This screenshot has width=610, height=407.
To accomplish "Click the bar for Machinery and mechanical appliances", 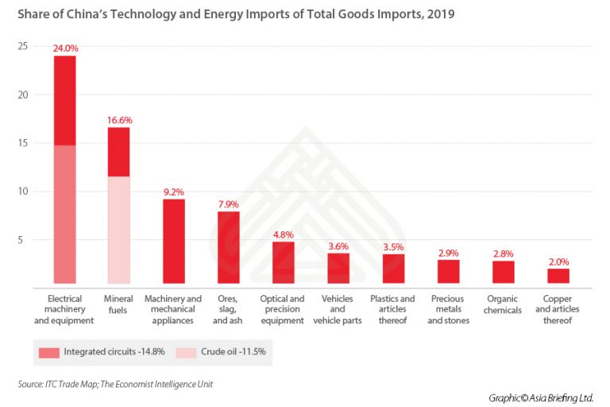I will [x=174, y=242].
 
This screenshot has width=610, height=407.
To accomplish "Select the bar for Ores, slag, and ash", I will [x=228, y=248].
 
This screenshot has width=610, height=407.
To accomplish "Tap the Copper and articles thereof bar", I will [x=558, y=277].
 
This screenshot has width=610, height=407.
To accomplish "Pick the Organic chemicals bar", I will [x=503, y=273].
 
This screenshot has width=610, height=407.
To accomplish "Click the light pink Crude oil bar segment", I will [x=119, y=230].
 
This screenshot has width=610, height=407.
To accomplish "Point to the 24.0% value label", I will [x=65, y=48].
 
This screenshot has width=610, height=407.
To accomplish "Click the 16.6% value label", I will [x=119, y=120].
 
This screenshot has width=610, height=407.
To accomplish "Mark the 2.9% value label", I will [x=449, y=253].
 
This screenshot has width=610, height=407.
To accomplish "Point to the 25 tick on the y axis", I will [x=23, y=47].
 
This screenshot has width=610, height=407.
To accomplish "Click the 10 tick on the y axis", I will [x=23, y=192].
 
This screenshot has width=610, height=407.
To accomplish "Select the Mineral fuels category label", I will [x=119, y=304].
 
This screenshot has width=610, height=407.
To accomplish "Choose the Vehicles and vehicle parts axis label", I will [x=338, y=310].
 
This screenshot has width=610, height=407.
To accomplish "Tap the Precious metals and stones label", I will [x=449, y=310].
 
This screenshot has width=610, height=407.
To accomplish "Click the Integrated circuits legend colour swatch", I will [x=48, y=350].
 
